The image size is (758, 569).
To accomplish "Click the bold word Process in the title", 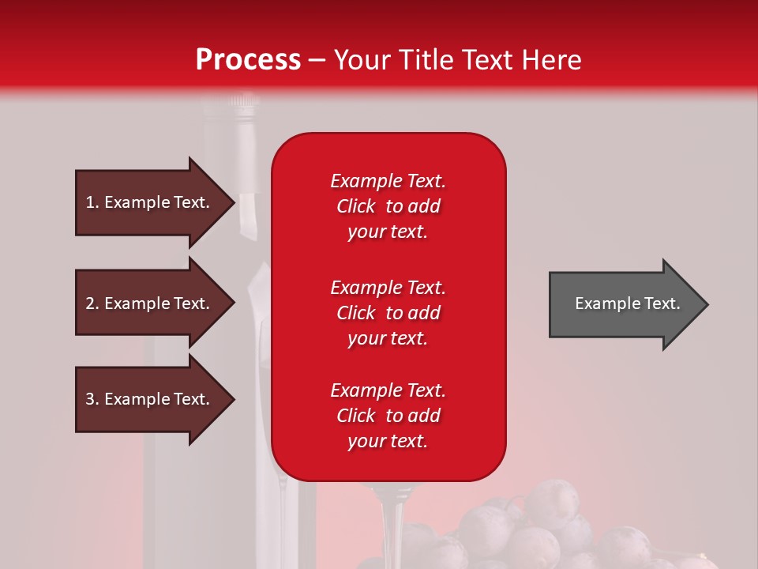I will tap(248, 60).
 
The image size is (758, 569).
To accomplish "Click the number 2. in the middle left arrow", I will tap(92, 303).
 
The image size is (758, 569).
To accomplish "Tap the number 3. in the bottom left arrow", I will tap(92, 399).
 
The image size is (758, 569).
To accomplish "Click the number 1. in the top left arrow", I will tap(92, 202).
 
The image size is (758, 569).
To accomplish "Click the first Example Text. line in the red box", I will tap(388, 181).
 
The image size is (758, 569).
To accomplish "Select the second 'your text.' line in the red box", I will tap(388, 338).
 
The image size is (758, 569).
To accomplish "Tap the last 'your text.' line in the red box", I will tap(388, 441).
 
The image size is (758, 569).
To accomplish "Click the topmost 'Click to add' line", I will tap(388, 206).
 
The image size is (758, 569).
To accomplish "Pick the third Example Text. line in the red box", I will tap(388, 390).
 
